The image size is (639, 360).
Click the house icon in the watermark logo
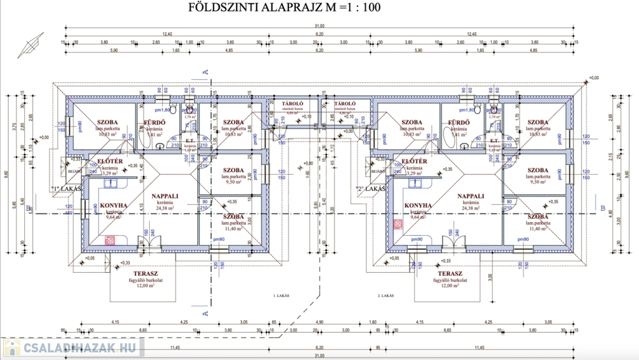[12, 347]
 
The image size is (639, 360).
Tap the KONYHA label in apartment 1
[114, 205]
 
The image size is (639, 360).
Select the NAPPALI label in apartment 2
[471, 195]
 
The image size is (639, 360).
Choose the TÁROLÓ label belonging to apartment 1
[293, 104]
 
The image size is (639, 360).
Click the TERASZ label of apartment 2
[449, 274]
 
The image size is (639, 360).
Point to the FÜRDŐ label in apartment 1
[154, 122]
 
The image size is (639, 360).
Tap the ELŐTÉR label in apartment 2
[415, 162]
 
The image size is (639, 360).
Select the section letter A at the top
[205, 73]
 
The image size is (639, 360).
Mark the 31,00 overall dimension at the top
[319, 24]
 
